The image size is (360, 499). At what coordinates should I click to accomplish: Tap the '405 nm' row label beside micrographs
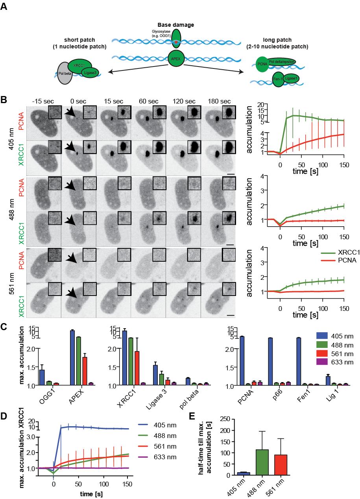[x=12, y=140]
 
